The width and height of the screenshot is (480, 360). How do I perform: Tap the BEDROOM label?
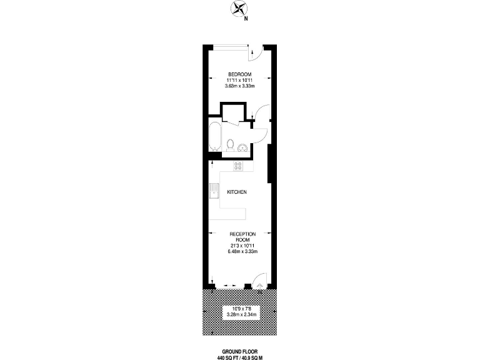(x=240, y=74)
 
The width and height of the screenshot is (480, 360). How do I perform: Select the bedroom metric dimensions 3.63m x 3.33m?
(x=240, y=86)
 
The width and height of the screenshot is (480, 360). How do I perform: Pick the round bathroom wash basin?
(x=242, y=147)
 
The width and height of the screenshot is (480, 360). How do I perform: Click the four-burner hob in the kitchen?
(x=238, y=166)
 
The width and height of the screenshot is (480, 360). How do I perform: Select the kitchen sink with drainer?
(x=215, y=190)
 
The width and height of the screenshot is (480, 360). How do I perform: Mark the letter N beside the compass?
(x=246, y=18)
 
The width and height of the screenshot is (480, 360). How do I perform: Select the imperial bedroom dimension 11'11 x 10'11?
(x=240, y=80)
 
